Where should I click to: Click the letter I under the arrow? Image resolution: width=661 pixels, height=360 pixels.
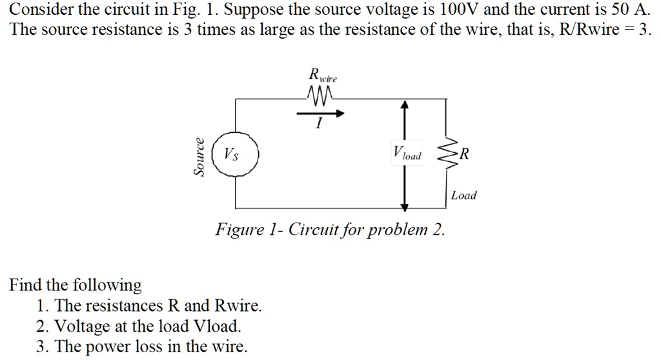(x=318, y=126)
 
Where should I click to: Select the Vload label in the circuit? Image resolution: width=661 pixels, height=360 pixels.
(x=406, y=154)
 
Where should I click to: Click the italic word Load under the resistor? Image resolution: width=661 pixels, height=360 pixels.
(x=463, y=195)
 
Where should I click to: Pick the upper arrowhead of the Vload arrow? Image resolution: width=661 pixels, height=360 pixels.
(x=405, y=105)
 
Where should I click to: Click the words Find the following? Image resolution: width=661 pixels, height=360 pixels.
(x=75, y=285)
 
